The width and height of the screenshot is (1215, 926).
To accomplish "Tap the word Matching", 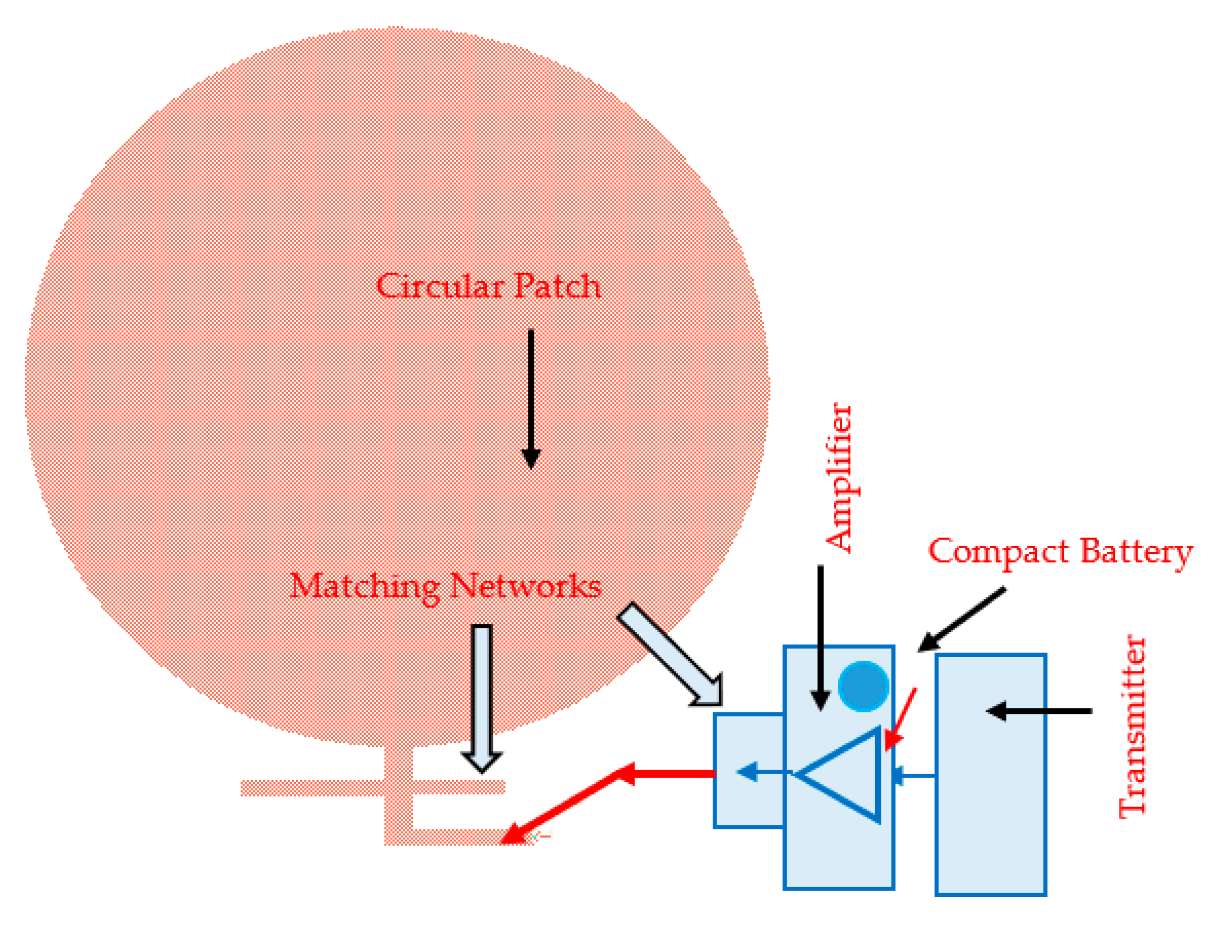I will (365, 586).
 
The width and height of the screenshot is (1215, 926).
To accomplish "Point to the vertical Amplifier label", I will (839, 478).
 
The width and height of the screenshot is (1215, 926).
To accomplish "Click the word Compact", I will (998, 551).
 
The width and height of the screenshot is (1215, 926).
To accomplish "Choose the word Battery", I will (1136, 552).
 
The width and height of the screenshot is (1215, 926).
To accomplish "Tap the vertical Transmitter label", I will (1132, 728).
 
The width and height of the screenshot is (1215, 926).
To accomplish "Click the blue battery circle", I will (863, 686).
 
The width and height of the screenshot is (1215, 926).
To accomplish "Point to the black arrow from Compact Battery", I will (962, 619).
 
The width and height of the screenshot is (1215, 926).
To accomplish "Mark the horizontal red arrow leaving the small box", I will (667, 774).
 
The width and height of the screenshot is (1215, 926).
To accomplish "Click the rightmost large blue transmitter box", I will (990, 827).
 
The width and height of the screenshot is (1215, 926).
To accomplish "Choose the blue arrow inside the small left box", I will (763, 772).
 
